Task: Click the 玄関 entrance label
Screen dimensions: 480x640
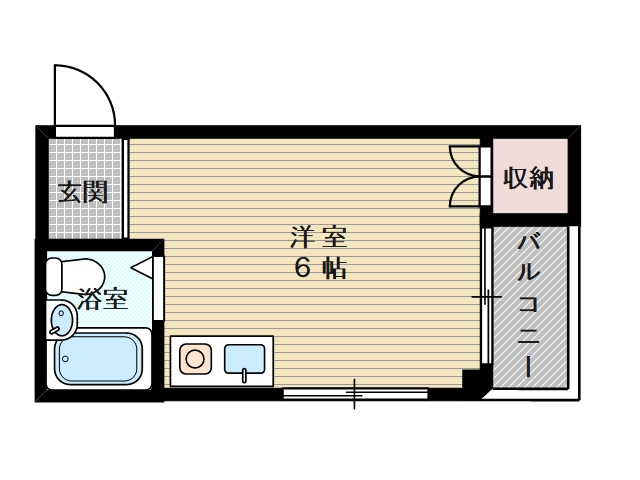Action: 82,191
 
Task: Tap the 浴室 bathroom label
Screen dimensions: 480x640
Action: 104,297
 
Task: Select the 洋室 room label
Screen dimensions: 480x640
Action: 319,238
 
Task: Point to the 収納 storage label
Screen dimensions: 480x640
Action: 528,179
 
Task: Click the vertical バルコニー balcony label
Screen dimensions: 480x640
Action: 530,305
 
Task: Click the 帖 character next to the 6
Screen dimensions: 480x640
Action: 335,268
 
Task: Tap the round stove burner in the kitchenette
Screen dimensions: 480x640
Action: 196,358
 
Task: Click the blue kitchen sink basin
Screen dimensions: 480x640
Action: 244,357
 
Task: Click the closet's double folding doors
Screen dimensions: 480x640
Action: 466,175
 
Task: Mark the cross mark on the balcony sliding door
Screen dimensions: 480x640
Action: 486,297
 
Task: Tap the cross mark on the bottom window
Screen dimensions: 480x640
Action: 354,394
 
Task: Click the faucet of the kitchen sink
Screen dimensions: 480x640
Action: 244,376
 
